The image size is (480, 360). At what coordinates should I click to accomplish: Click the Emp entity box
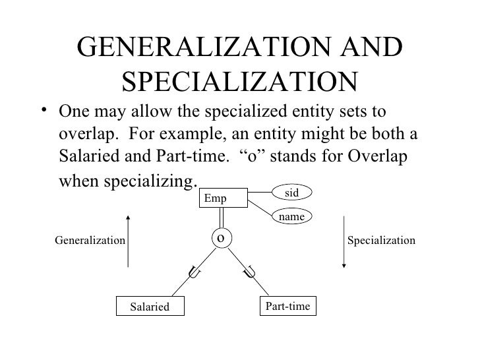(224, 197)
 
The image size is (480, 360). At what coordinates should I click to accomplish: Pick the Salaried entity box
(150, 307)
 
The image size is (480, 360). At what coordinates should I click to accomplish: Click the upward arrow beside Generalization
(130, 241)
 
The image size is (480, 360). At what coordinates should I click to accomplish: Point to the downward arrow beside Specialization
(343, 241)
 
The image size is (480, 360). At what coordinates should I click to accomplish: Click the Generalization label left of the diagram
(89, 241)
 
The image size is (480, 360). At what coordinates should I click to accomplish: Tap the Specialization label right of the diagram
(381, 241)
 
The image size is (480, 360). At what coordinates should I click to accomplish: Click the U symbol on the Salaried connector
(195, 270)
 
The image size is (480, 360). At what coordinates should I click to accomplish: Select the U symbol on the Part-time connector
(250, 270)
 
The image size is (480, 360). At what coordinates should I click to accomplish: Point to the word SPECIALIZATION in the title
(239, 82)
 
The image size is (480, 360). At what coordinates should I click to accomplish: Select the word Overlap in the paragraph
(386, 158)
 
